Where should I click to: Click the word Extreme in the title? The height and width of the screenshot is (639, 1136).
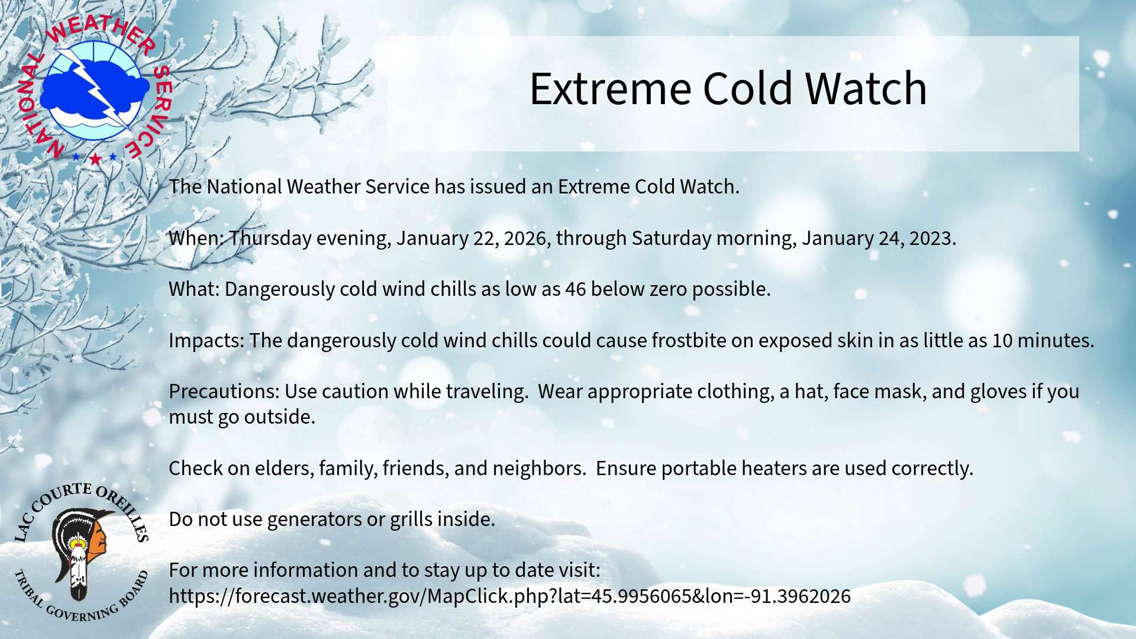click(610, 89)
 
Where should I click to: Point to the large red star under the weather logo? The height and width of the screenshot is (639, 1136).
click(95, 159)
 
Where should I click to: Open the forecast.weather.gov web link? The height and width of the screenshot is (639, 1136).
click(509, 596)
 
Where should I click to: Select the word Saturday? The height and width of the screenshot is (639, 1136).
click(672, 238)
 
